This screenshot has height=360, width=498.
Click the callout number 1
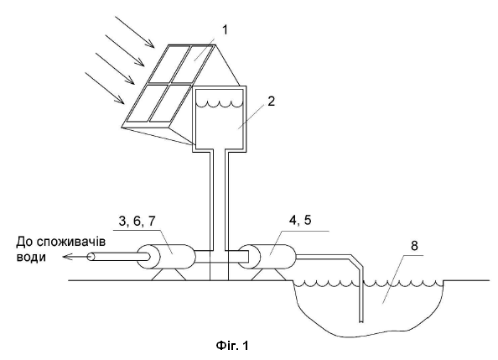pos(225,30)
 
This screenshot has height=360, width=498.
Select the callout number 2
pos(271,102)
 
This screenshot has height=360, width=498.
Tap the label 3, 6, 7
pos(137,221)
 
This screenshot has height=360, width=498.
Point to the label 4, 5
pos(300,219)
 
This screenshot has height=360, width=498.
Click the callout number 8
pos(414,246)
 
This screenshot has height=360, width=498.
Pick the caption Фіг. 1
pos(232,345)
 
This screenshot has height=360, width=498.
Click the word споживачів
pos(70,242)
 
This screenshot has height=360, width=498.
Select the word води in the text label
pos(31,257)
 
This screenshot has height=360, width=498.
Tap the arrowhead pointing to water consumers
pos(66,256)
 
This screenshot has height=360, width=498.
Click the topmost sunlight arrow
pos(135,32)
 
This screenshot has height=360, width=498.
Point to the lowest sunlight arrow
pos(105,88)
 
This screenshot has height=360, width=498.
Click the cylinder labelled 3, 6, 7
pos(166,256)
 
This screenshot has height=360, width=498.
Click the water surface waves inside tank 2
pos(219,104)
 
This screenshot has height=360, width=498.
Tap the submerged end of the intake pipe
pos(361,321)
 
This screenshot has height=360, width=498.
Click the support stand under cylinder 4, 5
pos(268,274)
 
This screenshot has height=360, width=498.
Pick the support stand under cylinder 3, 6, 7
pos(169,274)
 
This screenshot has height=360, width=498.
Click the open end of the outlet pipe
pos(91,256)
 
